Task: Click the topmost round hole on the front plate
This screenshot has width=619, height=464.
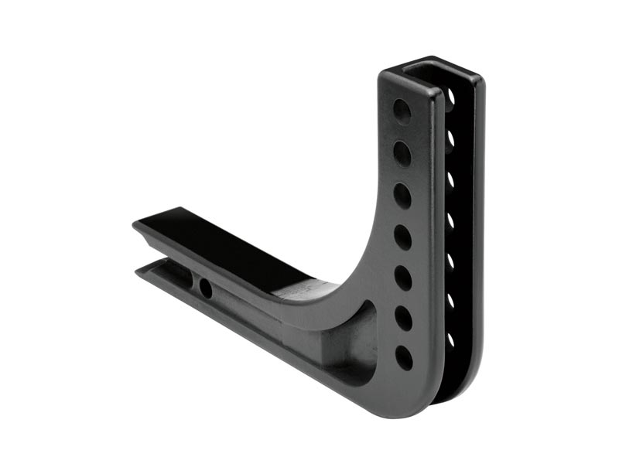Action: (x=402, y=111)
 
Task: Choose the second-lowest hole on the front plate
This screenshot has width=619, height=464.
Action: (x=402, y=317)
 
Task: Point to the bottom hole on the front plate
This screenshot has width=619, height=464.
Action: (x=403, y=357)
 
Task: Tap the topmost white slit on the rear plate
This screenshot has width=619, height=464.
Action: (x=450, y=97)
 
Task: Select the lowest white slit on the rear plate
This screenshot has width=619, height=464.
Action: (x=450, y=340)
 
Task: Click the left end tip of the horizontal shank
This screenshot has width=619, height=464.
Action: (x=138, y=226)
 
